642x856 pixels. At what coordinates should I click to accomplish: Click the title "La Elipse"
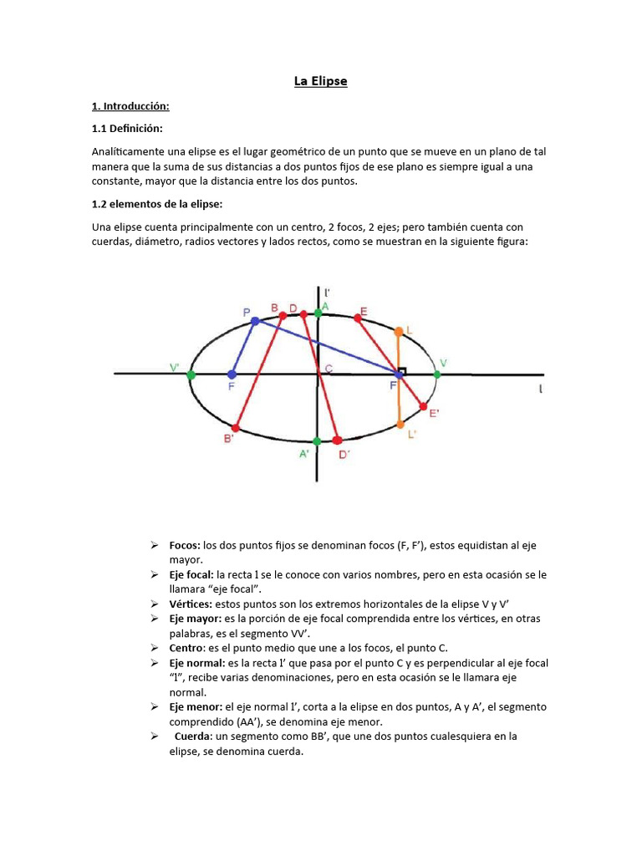click(x=320, y=81)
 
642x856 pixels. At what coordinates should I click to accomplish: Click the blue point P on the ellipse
click(x=255, y=321)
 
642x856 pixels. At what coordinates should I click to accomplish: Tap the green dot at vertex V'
click(x=191, y=375)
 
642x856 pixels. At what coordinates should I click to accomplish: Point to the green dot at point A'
click(x=317, y=441)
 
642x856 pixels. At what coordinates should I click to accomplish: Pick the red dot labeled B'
click(x=236, y=428)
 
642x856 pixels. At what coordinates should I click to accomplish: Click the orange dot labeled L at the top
click(x=400, y=332)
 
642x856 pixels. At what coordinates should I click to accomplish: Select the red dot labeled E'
click(x=423, y=406)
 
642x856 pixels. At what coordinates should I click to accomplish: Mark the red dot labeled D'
click(x=337, y=440)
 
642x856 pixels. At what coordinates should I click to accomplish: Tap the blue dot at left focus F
click(x=232, y=374)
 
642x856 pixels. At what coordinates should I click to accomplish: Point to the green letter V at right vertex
click(x=443, y=363)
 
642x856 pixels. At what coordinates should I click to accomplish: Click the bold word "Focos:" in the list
click(x=184, y=545)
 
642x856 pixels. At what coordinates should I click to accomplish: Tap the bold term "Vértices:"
click(x=191, y=603)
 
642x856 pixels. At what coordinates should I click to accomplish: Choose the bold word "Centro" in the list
click(x=186, y=648)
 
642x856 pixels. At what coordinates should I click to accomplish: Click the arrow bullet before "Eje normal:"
click(x=155, y=663)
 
